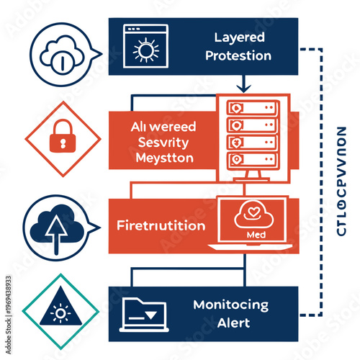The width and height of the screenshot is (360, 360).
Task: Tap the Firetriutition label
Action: pyautogui.click(x=161, y=225)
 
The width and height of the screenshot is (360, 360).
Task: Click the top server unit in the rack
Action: pyautogui.click(x=251, y=107)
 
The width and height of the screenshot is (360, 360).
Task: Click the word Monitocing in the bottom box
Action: pyautogui.click(x=230, y=305)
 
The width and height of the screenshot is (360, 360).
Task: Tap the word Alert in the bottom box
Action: pyautogui.click(x=232, y=323)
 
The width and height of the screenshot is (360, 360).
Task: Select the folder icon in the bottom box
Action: pyautogui.click(x=144, y=312)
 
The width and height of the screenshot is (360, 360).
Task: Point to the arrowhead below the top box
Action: pyautogui.click(x=243, y=89)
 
